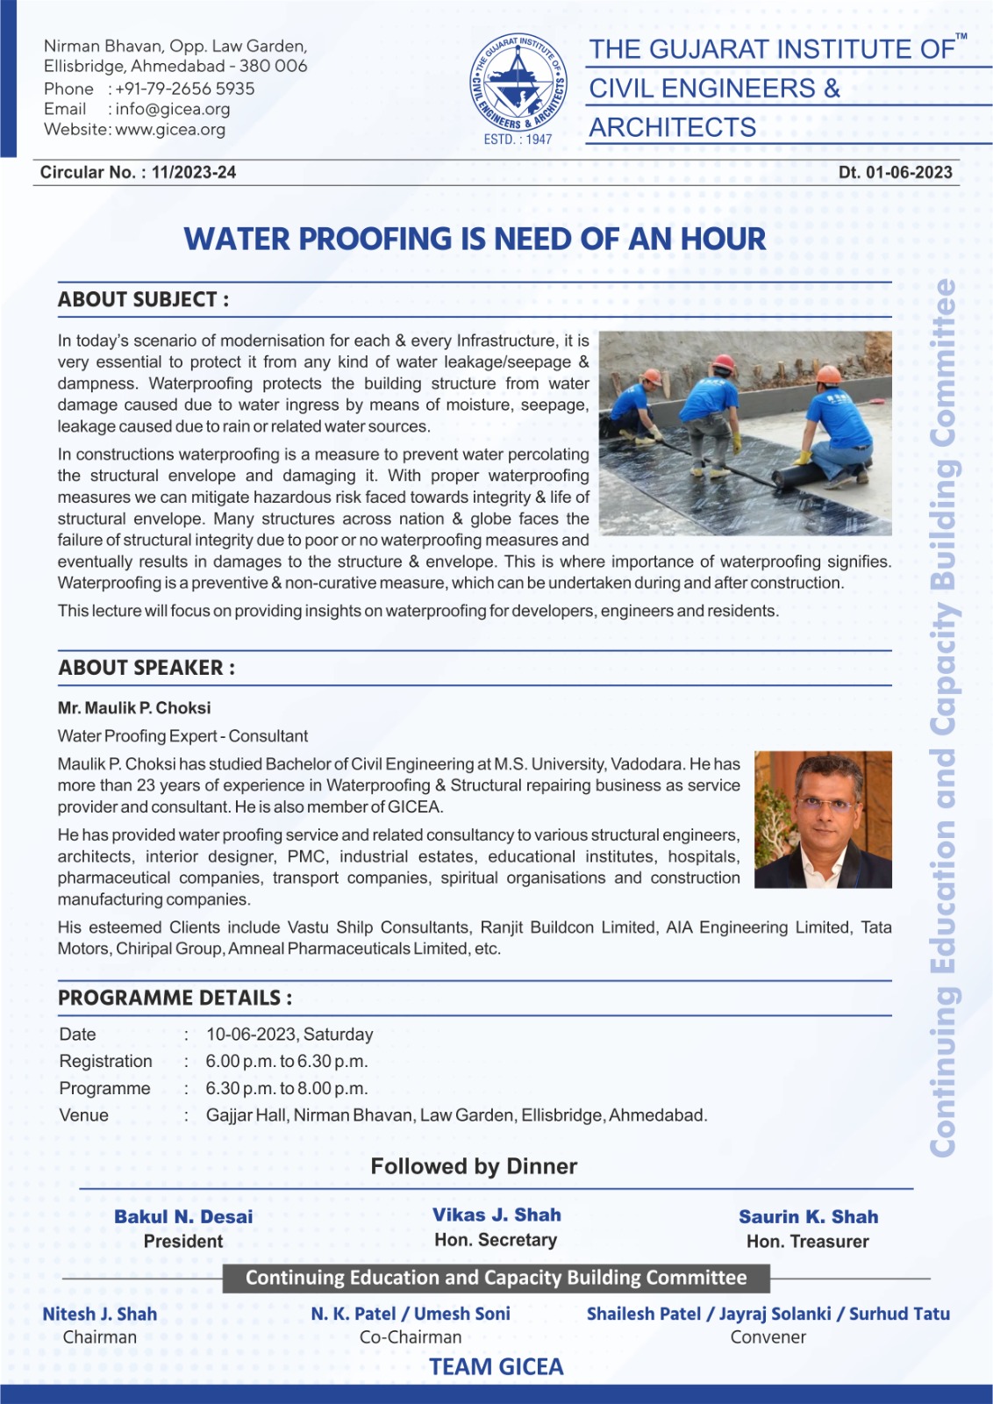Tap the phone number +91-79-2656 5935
pos(185,89)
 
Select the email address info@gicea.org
pos(173,109)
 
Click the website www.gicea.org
pos(170,130)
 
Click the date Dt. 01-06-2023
pos(895,172)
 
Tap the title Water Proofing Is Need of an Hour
pos(475,239)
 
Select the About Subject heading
pos(144,299)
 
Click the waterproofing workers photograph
pos(745,433)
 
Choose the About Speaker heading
pos(146,668)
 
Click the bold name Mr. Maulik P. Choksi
pos(134,708)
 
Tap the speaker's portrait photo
pos(823,819)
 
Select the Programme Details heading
pos(175,998)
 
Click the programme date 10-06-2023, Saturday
pos(289,1035)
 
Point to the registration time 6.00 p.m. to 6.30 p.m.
pos(287,1062)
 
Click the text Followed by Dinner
pos(474,1166)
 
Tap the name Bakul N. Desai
pos(183,1217)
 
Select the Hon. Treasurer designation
pos(807,1242)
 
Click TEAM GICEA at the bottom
pos(496,1367)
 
